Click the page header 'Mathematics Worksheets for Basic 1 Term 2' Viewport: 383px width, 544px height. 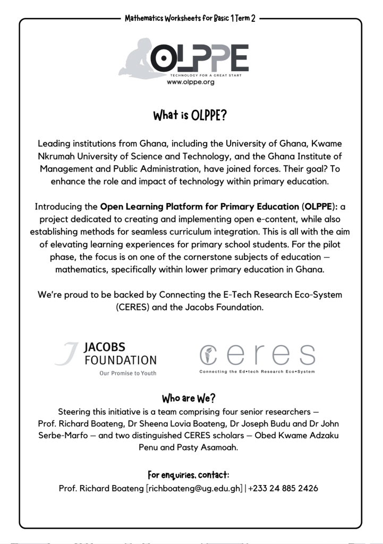click(x=190, y=19)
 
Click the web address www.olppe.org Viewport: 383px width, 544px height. click(x=190, y=82)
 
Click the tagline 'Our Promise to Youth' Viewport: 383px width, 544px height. click(x=127, y=373)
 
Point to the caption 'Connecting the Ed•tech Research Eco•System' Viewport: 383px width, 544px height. click(x=257, y=371)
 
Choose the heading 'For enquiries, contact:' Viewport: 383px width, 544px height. click(x=188, y=474)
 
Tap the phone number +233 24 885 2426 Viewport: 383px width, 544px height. click(x=283, y=488)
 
